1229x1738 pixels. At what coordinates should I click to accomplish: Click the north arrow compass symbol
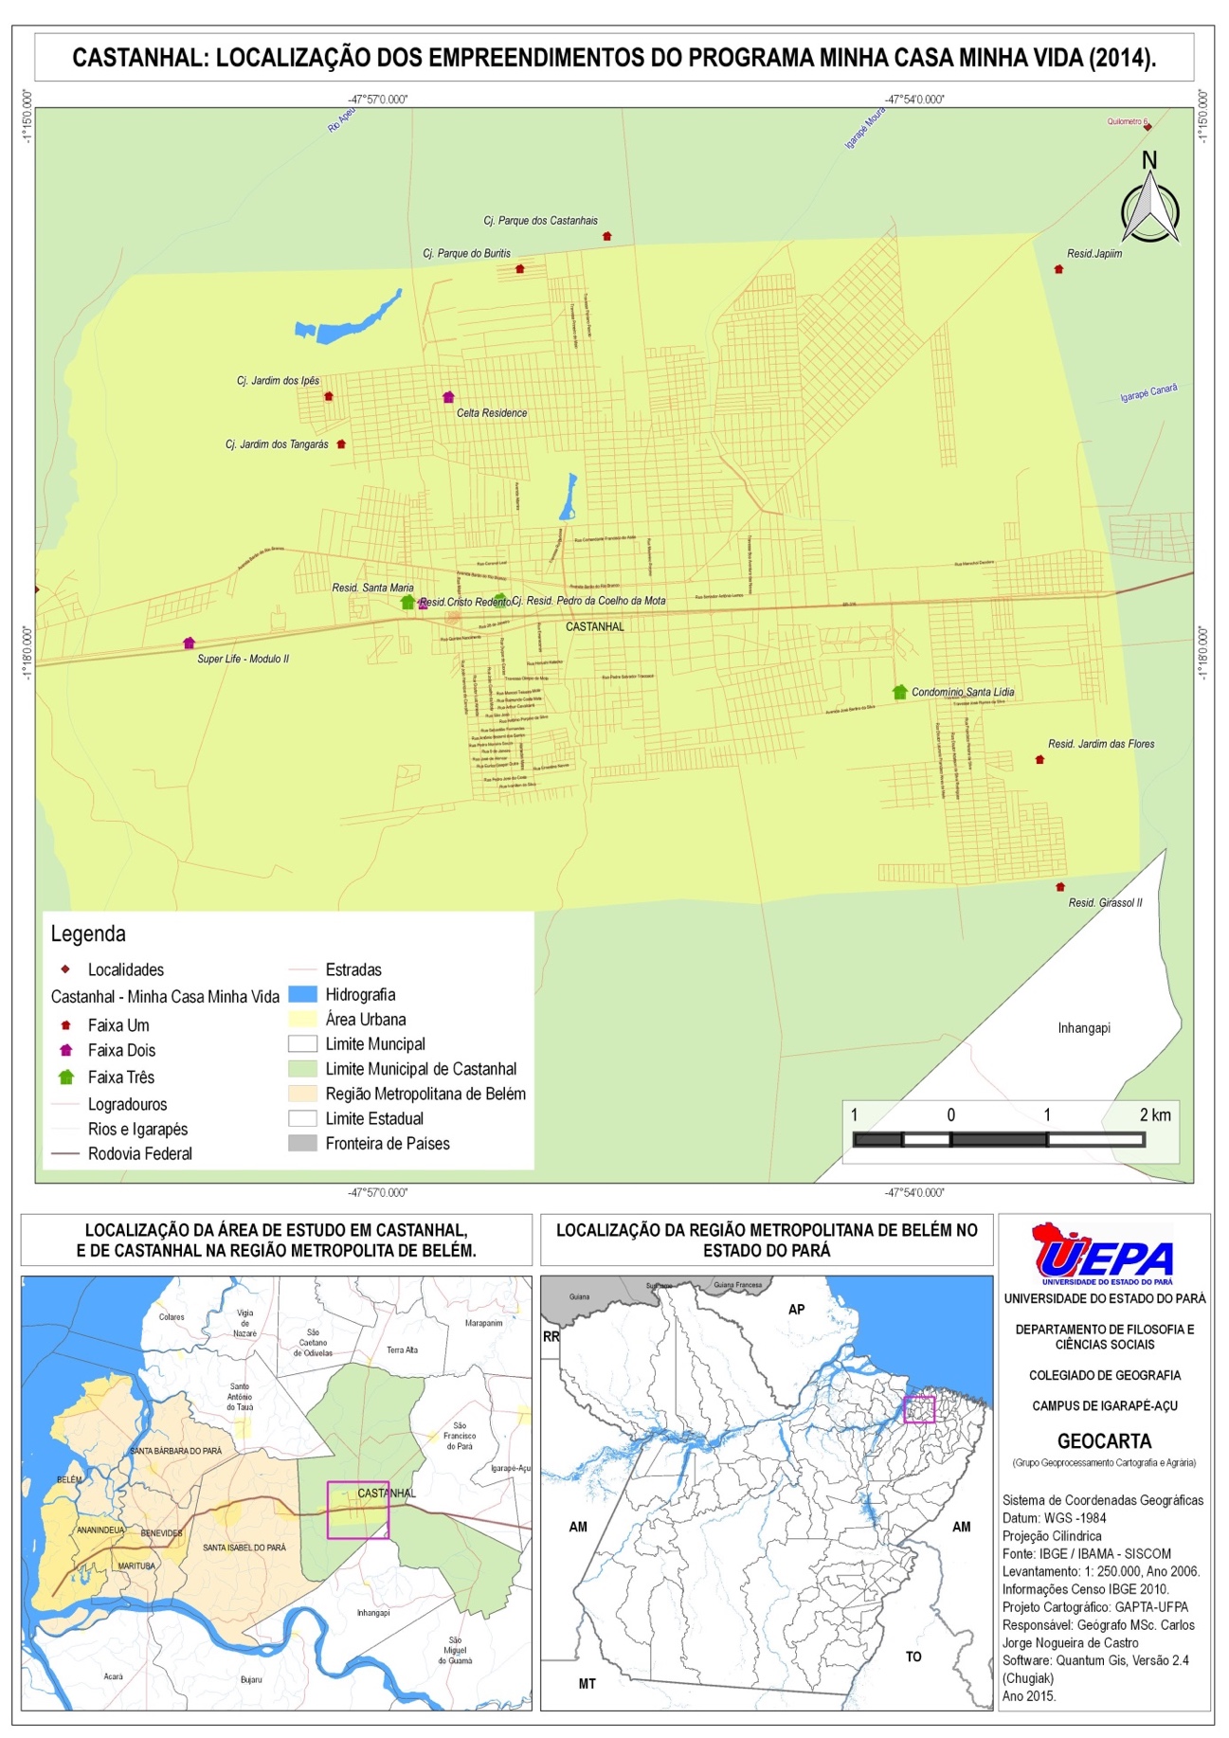tap(1149, 208)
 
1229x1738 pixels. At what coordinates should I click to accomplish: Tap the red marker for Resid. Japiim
tap(1058, 269)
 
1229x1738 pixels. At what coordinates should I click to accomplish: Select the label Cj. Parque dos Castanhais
tap(540, 221)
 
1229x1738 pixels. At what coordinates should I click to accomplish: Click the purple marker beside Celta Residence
tap(448, 397)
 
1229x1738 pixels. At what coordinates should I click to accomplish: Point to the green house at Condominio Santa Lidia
tap(899, 692)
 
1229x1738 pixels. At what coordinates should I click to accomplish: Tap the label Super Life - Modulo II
tap(243, 659)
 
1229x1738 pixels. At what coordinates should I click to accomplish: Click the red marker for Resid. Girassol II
tap(1060, 887)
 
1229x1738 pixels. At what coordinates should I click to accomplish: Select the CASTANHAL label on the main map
tap(594, 626)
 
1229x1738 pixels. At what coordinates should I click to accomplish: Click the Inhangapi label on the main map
tap(1083, 1028)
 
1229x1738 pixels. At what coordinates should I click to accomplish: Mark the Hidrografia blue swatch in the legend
tap(302, 994)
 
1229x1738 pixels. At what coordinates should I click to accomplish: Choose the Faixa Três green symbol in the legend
tap(66, 1077)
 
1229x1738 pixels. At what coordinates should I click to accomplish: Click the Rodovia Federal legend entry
tap(139, 1153)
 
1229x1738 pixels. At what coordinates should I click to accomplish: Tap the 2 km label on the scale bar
tap(1155, 1115)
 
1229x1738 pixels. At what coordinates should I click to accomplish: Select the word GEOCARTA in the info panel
tap(1104, 1441)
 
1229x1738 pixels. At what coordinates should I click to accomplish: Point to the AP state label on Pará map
tap(796, 1309)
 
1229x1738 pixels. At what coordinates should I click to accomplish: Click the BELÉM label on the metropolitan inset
tap(69, 1479)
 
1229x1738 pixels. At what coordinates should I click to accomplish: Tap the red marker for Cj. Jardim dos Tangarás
tap(341, 444)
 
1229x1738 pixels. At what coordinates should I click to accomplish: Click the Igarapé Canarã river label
tap(1148, 393)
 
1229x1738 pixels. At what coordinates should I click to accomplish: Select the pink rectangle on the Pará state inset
tap(918, 1409)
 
